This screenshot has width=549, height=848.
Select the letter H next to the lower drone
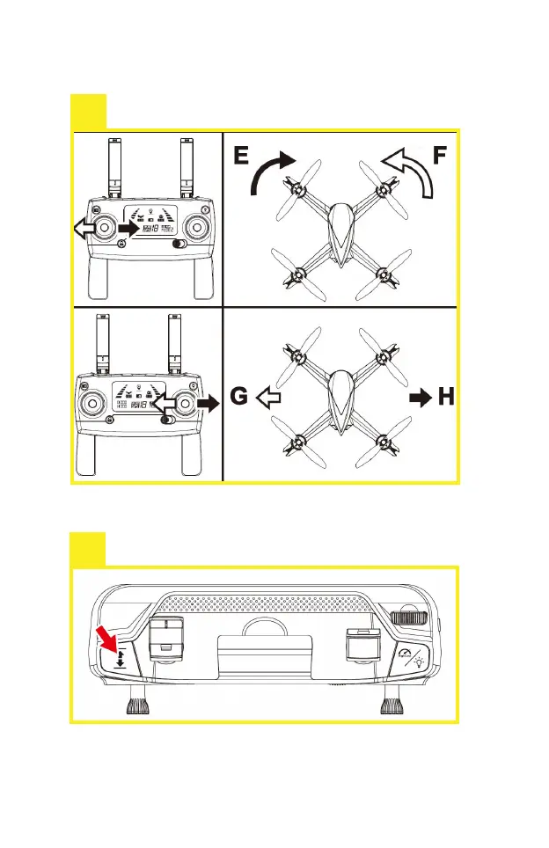(446, 398)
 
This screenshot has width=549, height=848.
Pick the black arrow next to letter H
(421, 398)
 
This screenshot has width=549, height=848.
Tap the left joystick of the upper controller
(104, 228)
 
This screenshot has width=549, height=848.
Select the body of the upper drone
(340, 230)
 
